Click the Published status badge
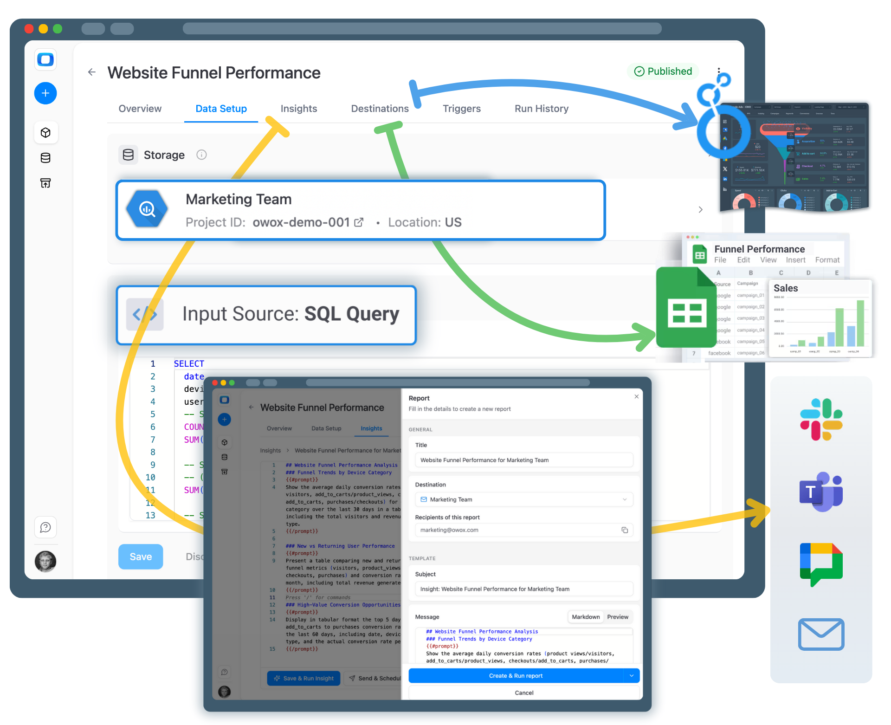[663, 71]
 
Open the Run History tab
[541, 109]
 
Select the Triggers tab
[461, 109]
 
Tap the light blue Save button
[140, 557]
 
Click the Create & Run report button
[516, 676]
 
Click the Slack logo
[821, 420]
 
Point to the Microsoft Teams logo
[821, 492]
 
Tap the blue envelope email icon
[821, 634]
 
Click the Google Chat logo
[821, 563]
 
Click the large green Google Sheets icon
[686, 308]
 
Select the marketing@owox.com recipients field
[520, 530]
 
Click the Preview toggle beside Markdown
[617, 617]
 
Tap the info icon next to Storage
[201, 155]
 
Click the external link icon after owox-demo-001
[359, 222]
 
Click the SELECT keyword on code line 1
[189, 364]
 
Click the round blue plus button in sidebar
[45, 93]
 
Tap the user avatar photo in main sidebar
[45, 562]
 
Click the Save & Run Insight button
[303, 678]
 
